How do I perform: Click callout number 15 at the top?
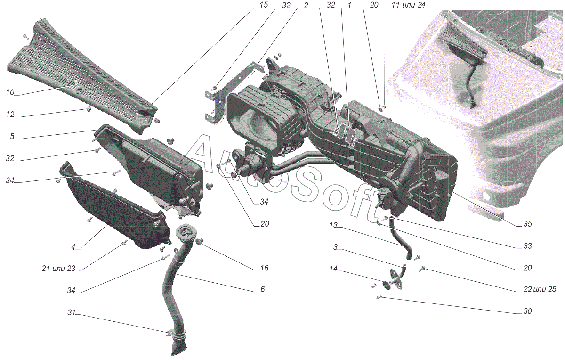tap(264, 5)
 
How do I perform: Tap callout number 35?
tap(527, 224)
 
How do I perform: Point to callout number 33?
tap(527, 246)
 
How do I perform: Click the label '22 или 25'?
tap(540, 289)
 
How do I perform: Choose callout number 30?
tap(527, 311)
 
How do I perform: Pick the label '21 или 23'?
tap(59, 269)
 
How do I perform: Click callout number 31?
tap(72, 312)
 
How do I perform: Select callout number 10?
tap(10, 93)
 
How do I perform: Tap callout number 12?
tap(10, 115)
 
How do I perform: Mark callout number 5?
tap(12, 137)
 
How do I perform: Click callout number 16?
tap(264, 268)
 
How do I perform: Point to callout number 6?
tap(263, 289)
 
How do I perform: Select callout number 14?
tap(333, 269)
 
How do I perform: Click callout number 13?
tap(333, 225)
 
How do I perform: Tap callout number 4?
tap(73, 247)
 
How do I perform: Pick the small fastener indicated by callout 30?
tap(379, 297)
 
